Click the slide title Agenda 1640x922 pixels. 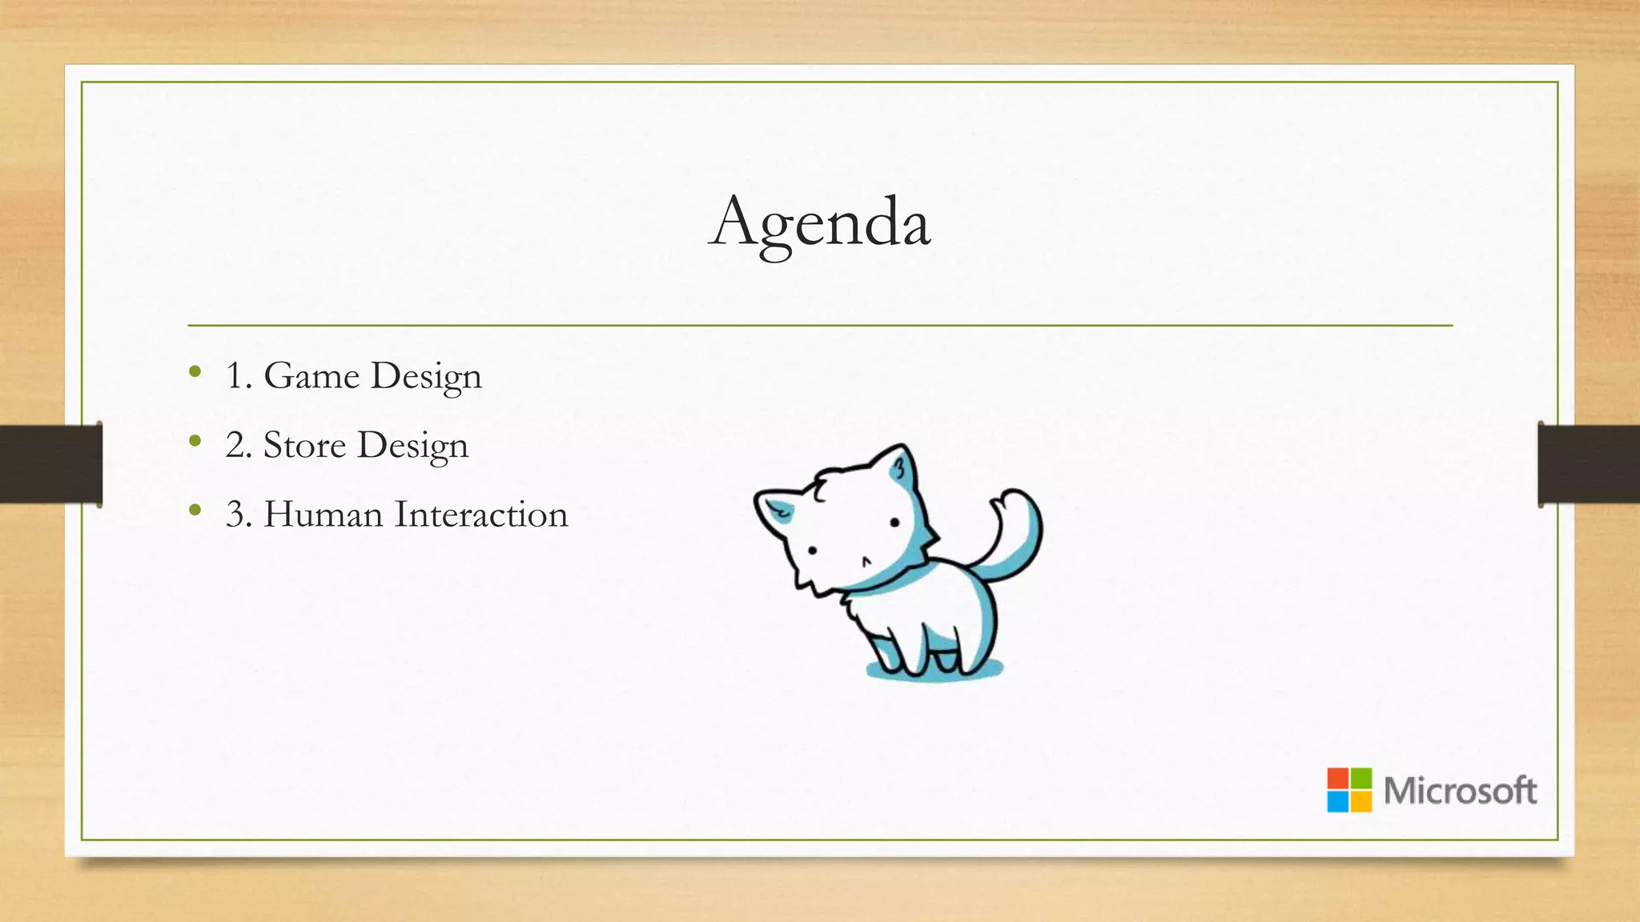click(820, 222)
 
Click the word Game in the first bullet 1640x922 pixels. click(312, 375)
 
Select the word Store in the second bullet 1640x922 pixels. click(304, 445)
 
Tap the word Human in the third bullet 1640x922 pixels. click(324, 514)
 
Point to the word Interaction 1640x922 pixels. click(481, 514)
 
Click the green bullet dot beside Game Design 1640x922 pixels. click(195, 371)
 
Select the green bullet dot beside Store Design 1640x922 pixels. click(195, 440)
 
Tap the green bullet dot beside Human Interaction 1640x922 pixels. click(195, 509)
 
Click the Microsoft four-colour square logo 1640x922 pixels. click(1349, 790)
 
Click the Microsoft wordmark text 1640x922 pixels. click(1460, 791)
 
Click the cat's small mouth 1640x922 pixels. click(866, 561)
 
